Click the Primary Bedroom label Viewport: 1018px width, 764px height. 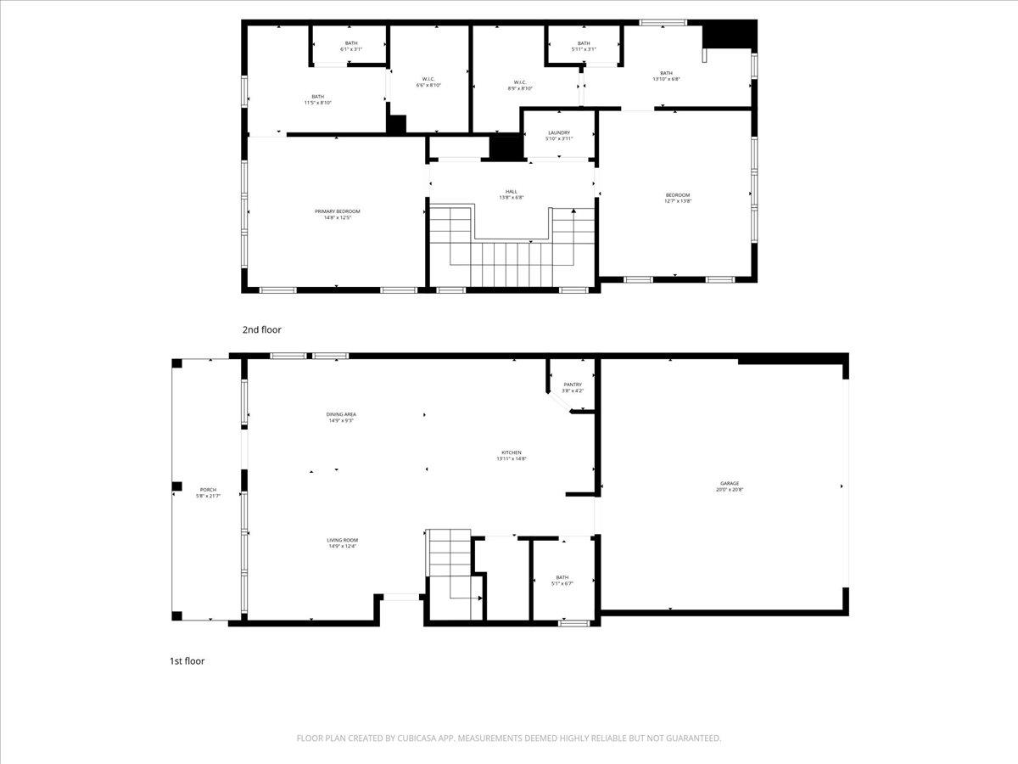[337, 214]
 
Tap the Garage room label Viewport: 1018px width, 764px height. [729, 486]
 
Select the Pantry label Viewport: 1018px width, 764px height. [573, 387]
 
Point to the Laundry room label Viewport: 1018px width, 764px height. [558, 135]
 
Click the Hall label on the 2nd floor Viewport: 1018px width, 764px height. [511, 194]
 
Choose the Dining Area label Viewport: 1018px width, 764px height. [341, 417]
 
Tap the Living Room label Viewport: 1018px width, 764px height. [343, 542]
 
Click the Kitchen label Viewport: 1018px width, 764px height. [511, 455]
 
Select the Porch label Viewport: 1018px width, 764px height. [208, 492]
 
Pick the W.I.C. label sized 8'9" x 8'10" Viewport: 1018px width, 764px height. [519, 85]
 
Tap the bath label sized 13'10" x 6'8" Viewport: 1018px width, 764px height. [666, 76]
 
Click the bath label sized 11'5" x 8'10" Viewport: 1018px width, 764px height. [317, 99]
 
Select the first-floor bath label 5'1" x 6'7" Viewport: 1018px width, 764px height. [562, 580]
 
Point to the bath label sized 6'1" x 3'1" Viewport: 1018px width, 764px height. [351, 46]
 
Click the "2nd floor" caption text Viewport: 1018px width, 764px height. [261, 329]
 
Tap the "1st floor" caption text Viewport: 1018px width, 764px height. [187, 660]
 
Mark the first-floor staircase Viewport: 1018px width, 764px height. [450, 565]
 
